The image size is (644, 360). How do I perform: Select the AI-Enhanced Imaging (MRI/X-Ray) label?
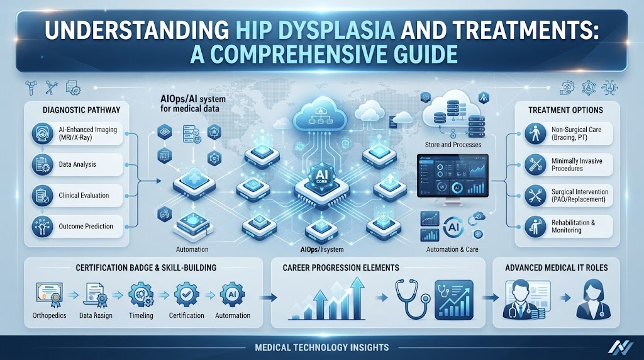[x=87, y=133]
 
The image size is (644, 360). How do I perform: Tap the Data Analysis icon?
[x=42, y=164]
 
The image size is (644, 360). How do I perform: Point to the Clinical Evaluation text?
[x=84, y=195]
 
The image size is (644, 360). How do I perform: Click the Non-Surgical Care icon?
[x=535, y=134]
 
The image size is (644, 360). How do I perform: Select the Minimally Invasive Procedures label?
[x=577, y=164]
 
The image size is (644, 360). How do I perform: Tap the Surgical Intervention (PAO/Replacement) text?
[x=579, y=196]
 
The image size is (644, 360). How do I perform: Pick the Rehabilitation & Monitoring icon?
[x=535, y=227]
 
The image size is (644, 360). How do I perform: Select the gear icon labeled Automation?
[x=233, y=295]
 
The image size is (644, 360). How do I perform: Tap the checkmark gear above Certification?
[x=187, y=295]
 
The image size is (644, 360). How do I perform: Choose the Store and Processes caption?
[x=453, y=145]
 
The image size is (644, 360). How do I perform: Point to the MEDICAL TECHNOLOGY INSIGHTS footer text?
[x=322, y=347]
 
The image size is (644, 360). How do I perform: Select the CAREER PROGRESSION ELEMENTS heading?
[x=341, y=268]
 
